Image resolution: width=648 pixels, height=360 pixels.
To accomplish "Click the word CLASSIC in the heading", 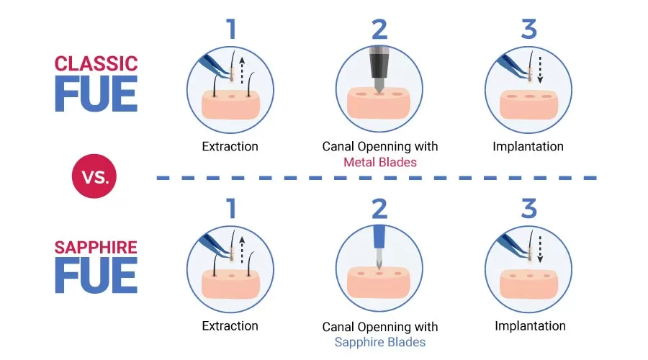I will click(96, 63).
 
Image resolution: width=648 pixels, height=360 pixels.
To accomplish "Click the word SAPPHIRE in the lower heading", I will click(96, 248).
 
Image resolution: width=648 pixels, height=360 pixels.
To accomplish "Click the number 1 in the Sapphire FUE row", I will click(230, 209).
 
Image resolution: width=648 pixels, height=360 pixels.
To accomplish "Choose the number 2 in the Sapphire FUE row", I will click(379, 209).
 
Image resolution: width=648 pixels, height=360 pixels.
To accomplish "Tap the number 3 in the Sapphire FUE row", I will click(528, 209).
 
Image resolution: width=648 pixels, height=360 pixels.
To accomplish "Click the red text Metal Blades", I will click(379, 162).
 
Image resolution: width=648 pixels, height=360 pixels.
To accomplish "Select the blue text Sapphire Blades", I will click(379, 342).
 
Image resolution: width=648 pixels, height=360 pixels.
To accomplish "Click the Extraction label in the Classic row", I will click(230, 146).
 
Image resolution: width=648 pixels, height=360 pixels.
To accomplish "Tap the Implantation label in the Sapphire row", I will click(530, 326).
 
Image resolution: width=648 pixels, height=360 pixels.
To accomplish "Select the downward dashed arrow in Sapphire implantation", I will click(539, 250).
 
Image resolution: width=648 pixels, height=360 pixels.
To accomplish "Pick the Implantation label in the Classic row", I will click(528, 146).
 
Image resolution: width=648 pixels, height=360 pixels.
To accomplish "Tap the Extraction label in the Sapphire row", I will click(230, 326).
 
